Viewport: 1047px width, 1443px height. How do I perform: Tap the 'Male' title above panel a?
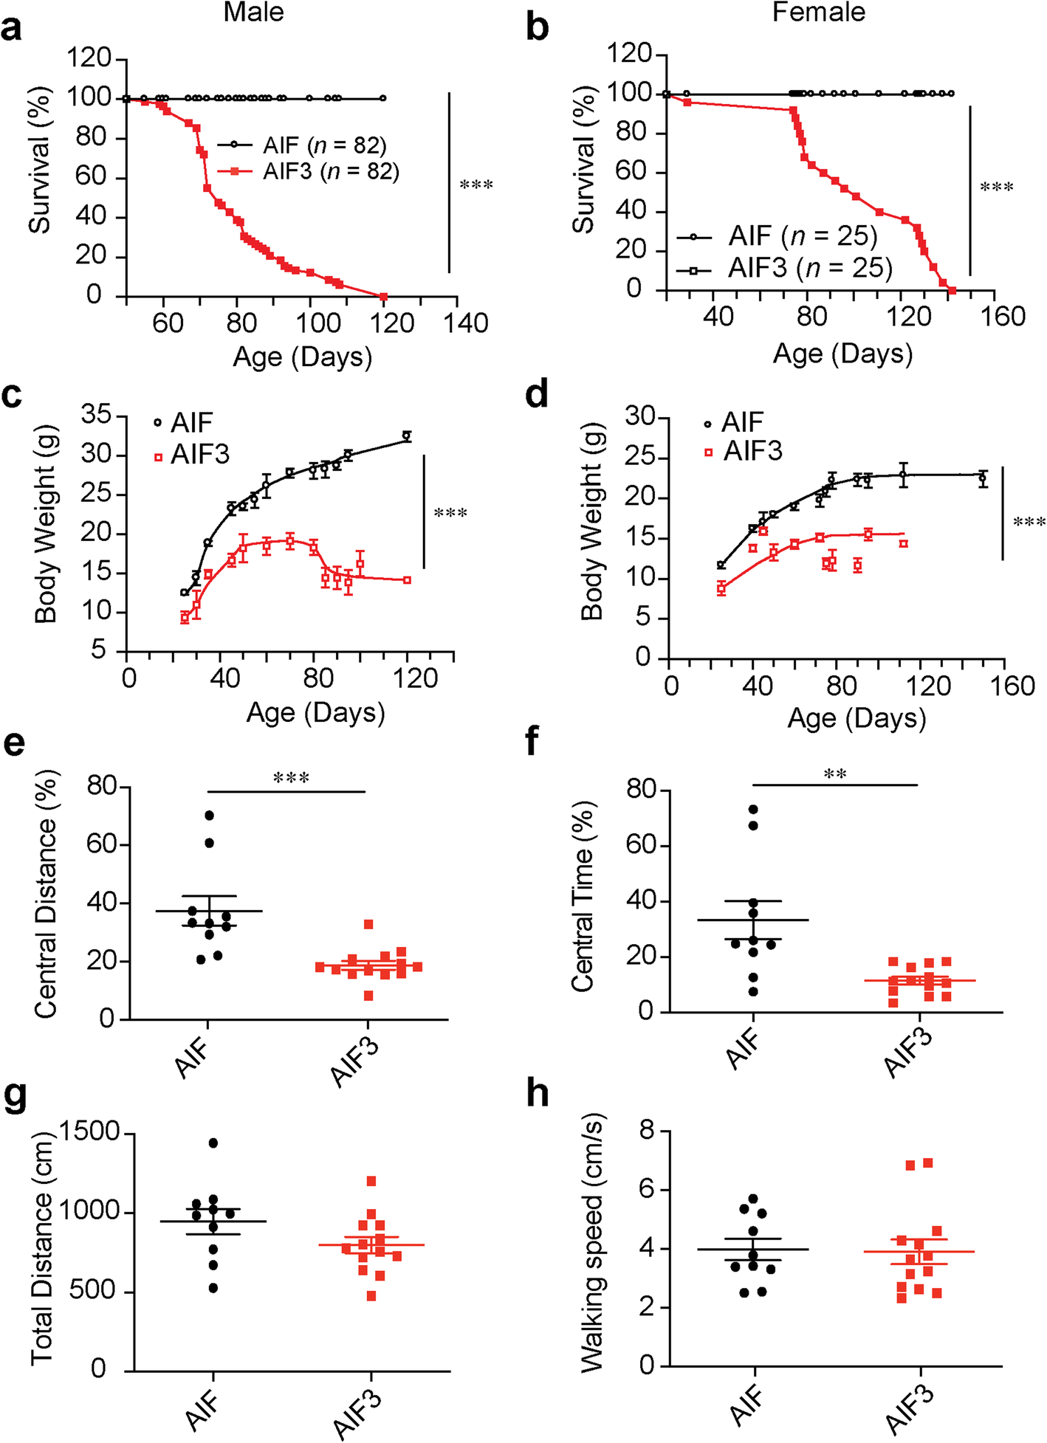pyautogui.click(x=253, y=13)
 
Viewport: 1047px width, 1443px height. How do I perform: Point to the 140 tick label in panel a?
pyautogui.click(x=467, y=323)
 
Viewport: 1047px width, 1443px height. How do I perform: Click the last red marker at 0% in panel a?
pyautogui.click(x=383, y=297)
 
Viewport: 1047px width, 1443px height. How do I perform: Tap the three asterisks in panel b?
pyautogui.click(x=996, y=187)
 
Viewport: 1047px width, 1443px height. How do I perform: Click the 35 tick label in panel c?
pyautogui.click(x=97, y=416)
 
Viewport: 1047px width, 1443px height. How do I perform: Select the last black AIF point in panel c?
pyautogui.click(x=406, y=436)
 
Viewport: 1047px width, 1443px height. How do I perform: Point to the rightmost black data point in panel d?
pyautogui.click(x=983, y=478)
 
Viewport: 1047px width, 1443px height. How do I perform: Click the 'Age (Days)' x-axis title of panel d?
pyautogui.click(x=857, y=718)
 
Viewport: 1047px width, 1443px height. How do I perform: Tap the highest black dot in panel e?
pyautogui.click(x=210, y=815)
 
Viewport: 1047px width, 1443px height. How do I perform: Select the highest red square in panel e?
pyautogui.click(x=368, y=924)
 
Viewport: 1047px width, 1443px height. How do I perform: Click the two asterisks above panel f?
pyautogui.click(x=835, y=774)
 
